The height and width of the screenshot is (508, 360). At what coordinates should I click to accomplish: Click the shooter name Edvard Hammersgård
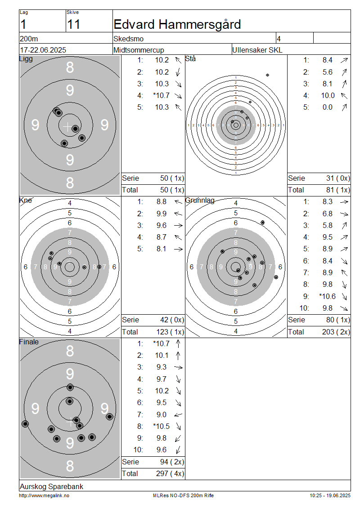click(177, 25)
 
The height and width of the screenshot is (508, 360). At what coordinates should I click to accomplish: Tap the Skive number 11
click(74, 25)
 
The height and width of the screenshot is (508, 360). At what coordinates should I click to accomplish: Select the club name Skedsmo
click(128, 39)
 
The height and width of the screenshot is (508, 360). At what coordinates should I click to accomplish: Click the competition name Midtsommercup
click(139, 50)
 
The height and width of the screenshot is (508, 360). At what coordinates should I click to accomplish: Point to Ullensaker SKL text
click(257, 50)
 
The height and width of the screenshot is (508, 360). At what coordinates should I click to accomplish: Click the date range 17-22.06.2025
click(43, 50)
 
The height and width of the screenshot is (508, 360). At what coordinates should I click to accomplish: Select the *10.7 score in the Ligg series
click(161, 96)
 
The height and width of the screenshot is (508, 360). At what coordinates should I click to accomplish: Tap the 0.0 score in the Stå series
click(327, 107)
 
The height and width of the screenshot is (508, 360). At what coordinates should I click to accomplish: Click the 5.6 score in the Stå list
click(327, 72)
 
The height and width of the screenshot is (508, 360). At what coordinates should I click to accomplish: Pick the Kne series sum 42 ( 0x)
click(172, 320)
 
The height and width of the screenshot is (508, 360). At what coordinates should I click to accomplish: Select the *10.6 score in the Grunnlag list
click(327, 296)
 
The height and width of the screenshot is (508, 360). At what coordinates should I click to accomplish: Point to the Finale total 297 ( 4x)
click(170, 474)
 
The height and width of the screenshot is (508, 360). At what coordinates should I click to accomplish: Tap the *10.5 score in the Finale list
click(161, 426)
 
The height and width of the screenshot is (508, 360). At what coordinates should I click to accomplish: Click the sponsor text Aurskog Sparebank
click(52, 486)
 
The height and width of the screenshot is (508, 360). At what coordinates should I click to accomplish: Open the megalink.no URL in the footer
click(44, 496)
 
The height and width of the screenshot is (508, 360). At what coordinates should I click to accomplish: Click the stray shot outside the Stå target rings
click(268, 75)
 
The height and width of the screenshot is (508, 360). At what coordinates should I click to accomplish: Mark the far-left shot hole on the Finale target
click(25, 424)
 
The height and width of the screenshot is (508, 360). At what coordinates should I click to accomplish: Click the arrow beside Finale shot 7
click(178, 414)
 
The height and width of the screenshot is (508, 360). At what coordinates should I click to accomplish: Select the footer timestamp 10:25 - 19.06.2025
click(330, 496)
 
